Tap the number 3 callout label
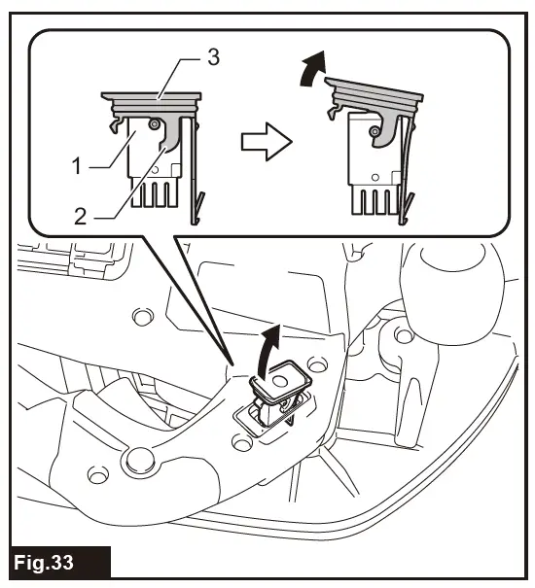[x=213, y=57]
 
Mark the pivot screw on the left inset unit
[x=155, y=124]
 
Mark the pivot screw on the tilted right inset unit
[x=374, y=131]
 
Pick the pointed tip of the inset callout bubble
[x=231, y=362]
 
